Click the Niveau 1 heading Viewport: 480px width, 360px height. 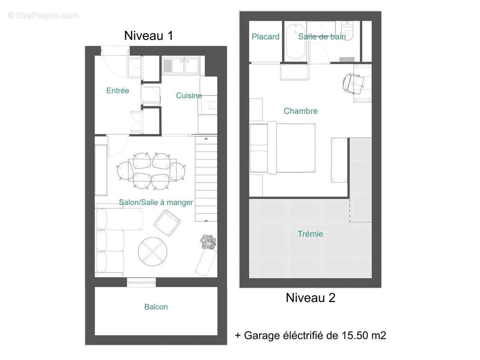point(148,36)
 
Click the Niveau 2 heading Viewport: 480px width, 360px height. point(310,297)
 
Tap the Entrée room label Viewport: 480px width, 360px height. point(118,91)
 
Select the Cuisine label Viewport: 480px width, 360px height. point(189,95)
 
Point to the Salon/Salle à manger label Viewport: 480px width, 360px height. point(156,202)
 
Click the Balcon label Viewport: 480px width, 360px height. point(156,307)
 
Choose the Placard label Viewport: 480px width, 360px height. point(265,37)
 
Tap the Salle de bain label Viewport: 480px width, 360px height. point(322,37)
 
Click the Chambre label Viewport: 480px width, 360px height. point(300,111)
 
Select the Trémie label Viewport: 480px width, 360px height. point(310,234)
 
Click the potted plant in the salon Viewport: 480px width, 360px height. point(208,242)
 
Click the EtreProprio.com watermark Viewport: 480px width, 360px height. point(43,16)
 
